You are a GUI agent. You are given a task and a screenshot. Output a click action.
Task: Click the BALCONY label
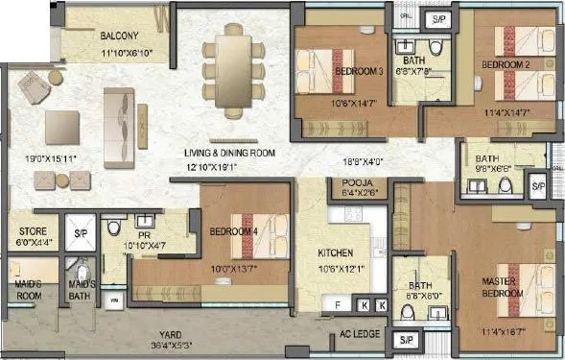point(121,36)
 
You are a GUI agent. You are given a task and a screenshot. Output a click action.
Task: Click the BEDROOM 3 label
point(359,72)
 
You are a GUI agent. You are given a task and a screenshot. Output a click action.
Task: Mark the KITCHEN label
point(337,254)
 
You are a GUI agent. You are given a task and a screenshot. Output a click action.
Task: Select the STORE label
point(34,231)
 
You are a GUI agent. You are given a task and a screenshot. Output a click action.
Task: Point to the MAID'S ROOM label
point(29,289)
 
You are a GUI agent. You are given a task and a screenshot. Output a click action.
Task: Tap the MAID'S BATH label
point(80,289)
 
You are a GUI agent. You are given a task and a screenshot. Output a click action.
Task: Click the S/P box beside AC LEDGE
point(406,340)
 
